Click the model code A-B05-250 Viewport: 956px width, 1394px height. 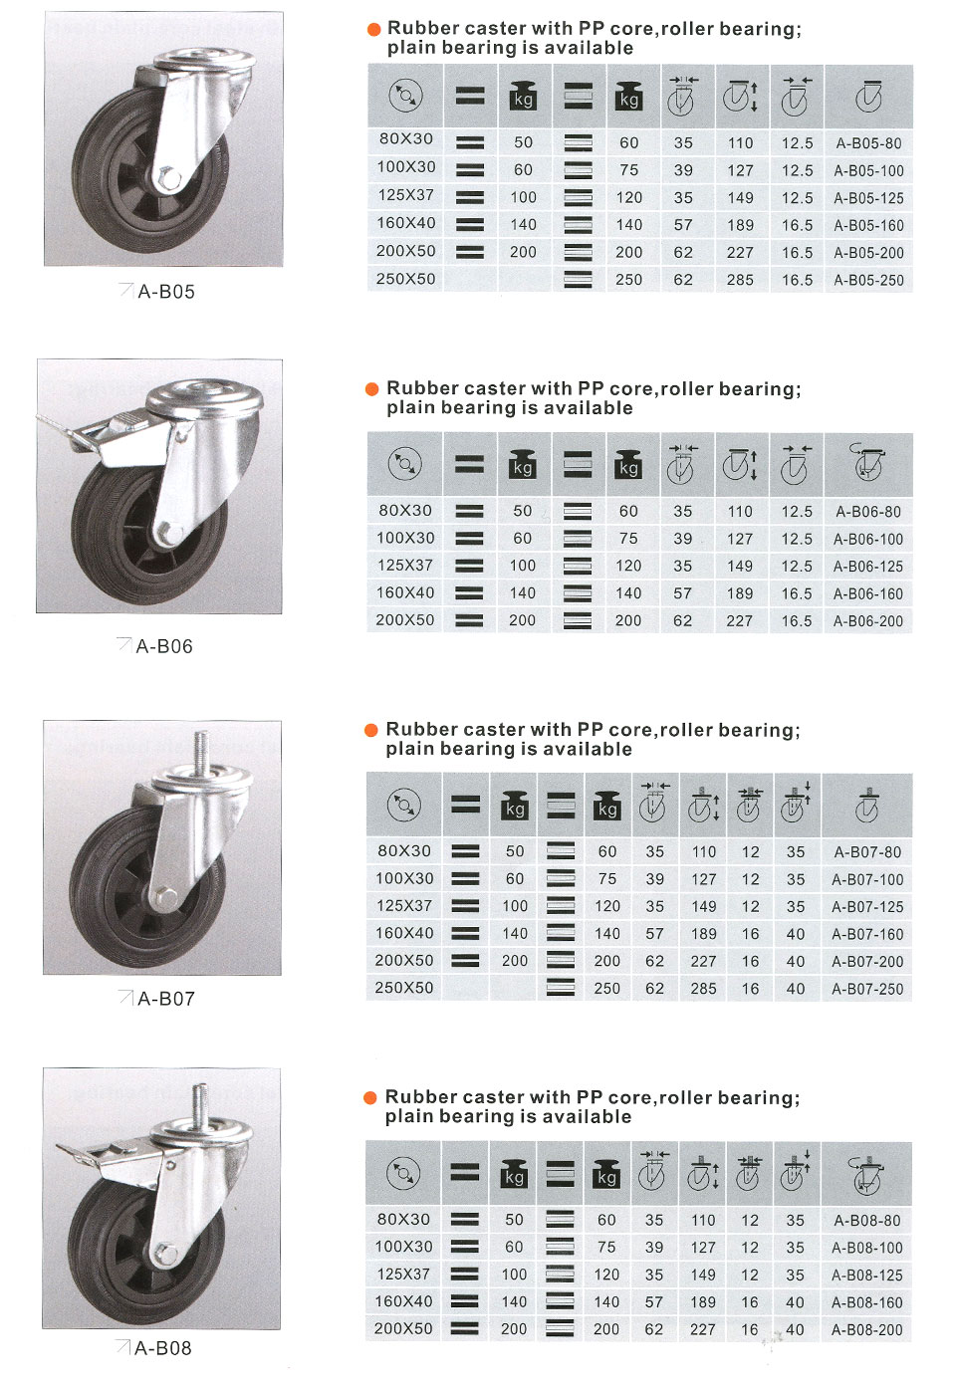pyautogui.click(x=868, y=280)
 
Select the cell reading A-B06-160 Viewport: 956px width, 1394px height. pyautogui.click(x=867, y=593)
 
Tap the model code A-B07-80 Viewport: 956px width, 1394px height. pyautogui.click(x=867, y=852)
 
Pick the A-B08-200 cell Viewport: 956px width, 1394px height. pyautogui.click(x=867, y=1330)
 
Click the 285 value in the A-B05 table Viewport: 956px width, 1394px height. pyautogui.click(x=740, y=280)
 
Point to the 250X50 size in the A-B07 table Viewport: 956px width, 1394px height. pyautogui.click(x=404, y=988)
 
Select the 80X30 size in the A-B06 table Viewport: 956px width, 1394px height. pyautogui.click(x=405, y=510)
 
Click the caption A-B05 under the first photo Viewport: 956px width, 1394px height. pyautogui.click(x=166, y=291)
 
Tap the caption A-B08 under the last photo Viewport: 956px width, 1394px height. pyautogui.click(x=163, y=1348)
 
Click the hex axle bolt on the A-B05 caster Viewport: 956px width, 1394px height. pyautogui.click(x=168, y=178)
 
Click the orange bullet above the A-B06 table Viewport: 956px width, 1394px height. pyautogui.click(x=371, y=389)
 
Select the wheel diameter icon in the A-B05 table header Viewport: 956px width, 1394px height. pyautogui.click(x=406, y=96)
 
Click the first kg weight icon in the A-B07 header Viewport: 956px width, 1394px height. pyautogui.click(x=515, y=806)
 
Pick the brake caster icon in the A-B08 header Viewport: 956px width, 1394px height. pyautogui.click(x=867, y=1175)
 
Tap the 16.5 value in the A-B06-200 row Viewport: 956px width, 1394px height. pyautogui.click(x=797, y=621)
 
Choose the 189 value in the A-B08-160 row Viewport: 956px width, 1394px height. pyautogui.click(x=703, y=1302)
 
